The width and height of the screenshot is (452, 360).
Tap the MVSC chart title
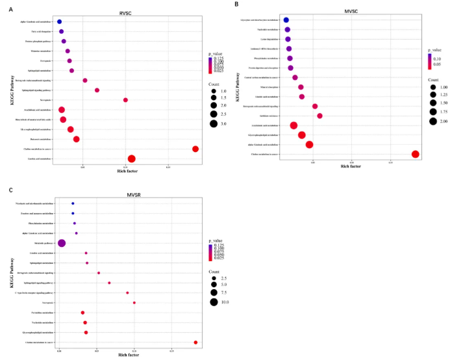pyautogui.click(x=351, y=10)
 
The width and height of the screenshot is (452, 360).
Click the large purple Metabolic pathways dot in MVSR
pyautogui.click(x=62, y=243)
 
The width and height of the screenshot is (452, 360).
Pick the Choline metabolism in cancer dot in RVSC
pyautogui.click(x=195, y=149)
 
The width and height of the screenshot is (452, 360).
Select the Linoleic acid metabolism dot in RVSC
pyautogui.click(x=132, y=159)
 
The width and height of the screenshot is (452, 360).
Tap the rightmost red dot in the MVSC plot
pyautogui.click(x=416, y=154)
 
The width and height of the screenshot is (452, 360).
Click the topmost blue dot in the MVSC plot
pyautogui.click(x=286, y=20)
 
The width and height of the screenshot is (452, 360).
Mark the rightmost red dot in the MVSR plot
pyautogui.click(x=195, y=342)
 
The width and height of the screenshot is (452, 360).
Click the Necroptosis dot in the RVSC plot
pyautogui.click(x=125, y=100)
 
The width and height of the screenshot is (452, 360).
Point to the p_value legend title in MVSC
pyautogui.click(x=434, y=49)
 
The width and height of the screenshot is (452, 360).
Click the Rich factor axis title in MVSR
pyautogui.click(x=127, y=354)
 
